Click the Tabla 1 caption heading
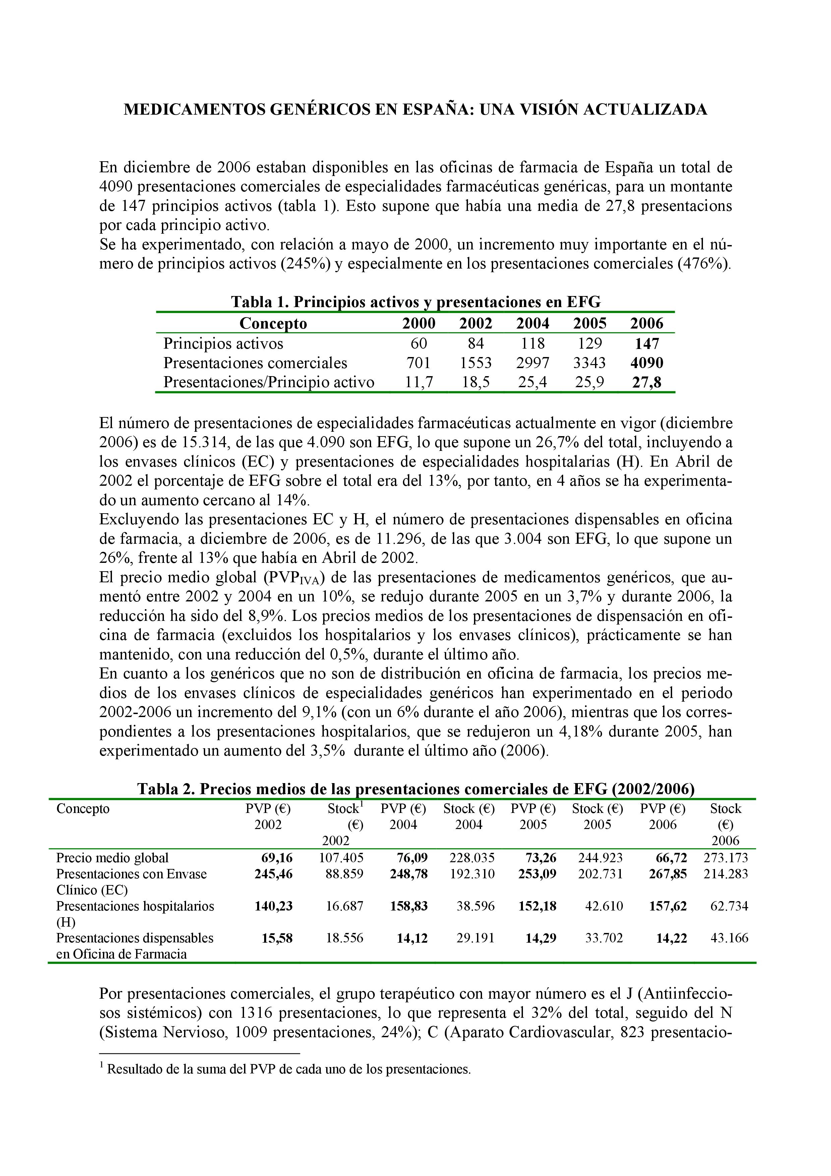(415, 302)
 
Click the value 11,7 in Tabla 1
(418, 382)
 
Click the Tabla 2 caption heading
(415, 789)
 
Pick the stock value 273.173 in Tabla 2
(725, 858)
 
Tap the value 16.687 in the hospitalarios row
(345, 906)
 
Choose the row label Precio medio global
(112, 858)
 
